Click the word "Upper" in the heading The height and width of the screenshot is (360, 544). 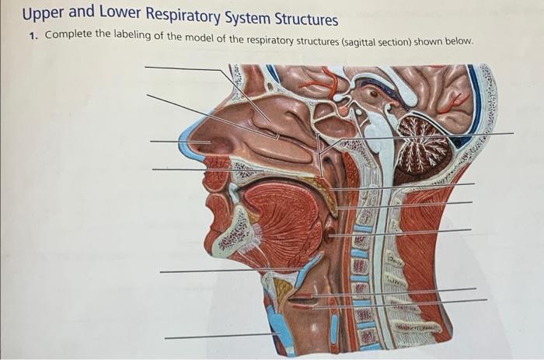43,16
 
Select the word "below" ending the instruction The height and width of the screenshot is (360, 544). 455,40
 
